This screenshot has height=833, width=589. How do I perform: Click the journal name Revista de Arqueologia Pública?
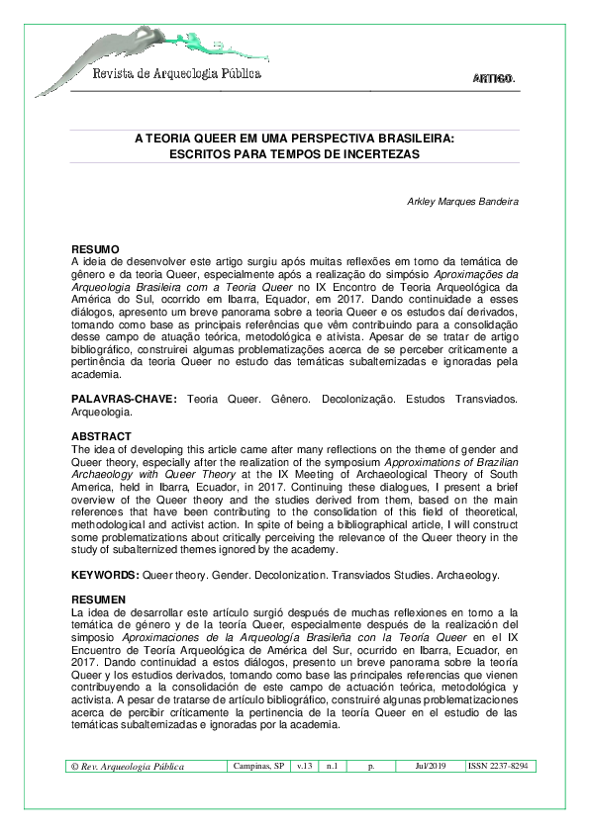176,73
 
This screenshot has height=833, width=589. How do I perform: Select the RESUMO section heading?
96,248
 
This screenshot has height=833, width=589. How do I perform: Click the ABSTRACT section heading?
101,435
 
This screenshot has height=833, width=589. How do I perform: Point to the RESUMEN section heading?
99,601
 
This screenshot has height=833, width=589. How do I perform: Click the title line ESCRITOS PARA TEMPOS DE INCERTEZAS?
294,155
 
